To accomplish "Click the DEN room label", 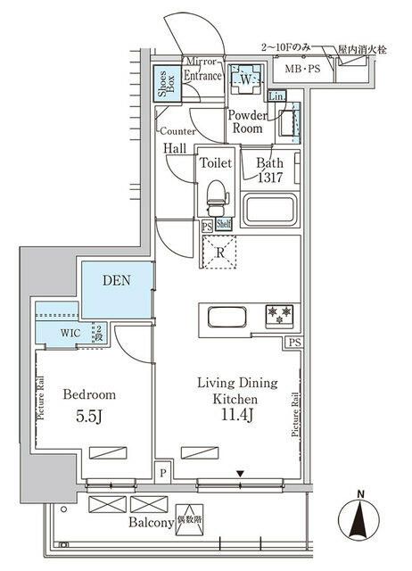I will tap(116, 280).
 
